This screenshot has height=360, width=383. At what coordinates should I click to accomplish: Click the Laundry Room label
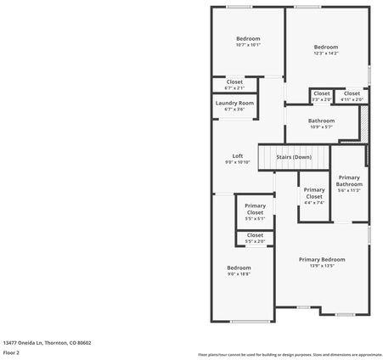(234, 103)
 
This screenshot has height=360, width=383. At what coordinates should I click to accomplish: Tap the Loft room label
(238, 155)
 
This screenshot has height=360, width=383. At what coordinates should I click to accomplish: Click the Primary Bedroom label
(322, 259)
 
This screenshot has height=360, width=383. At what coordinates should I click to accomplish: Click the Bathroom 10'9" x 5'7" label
(321, 121)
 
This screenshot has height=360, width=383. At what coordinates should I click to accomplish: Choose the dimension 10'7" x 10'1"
(248, 45)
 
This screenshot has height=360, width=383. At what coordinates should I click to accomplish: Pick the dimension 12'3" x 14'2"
(326, 53)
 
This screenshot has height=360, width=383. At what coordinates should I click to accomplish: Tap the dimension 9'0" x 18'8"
(239, 274)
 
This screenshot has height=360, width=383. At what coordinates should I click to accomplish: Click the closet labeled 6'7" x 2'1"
(234, 87)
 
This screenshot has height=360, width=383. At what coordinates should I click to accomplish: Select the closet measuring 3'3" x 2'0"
(321, 99)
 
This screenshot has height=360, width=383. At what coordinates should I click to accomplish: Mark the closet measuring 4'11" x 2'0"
(352, 99)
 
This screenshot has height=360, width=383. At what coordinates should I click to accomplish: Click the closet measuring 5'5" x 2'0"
(255, 242)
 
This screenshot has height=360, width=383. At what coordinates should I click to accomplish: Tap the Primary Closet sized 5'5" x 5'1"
(255, 218)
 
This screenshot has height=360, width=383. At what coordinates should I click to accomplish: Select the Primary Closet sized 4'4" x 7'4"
(314, 202)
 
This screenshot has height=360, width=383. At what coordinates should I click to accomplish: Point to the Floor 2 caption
(11, 352)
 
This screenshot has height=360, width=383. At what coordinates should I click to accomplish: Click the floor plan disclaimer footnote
(290, 354)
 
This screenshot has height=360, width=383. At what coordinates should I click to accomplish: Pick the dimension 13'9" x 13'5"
(322, 266)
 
